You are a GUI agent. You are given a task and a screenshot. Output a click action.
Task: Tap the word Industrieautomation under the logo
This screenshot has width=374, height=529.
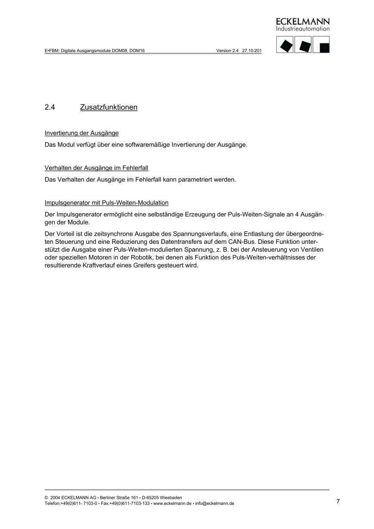click(x=303, y=29)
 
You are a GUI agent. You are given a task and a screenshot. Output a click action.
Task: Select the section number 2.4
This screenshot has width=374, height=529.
click(x=50, y=107)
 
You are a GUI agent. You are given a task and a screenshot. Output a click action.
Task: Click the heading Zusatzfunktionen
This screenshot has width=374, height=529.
click(x=109, y=107)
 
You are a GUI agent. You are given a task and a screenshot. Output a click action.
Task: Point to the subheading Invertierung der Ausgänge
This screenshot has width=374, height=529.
click(x=82, y=133)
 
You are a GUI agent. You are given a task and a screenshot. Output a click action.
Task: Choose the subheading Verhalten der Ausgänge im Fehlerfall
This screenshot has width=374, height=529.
click(x=96, y=168)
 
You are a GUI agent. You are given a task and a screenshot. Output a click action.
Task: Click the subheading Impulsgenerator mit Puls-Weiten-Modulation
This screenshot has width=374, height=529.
click(x=107, y=202)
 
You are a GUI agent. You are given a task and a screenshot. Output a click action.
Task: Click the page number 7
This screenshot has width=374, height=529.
click(x=338, y=501)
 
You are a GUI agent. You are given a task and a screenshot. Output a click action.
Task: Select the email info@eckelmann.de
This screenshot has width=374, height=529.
click(x=215, y=503)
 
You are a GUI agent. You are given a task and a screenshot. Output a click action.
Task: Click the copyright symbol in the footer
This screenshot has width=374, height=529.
click(x=46, y=498)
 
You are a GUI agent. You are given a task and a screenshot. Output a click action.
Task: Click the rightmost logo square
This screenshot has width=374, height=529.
click(x=322, y=45)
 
